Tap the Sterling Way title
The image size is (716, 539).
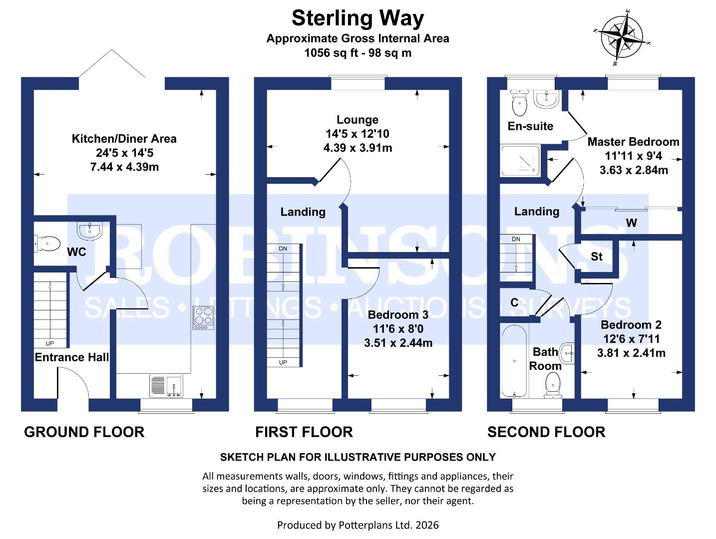point(358,18)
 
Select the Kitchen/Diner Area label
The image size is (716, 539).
point(124,139)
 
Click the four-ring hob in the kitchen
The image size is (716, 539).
point(204,317)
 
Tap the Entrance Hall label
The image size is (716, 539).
point(71,357)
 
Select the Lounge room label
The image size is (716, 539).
point(358,120)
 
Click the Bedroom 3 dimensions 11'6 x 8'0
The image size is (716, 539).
point(398,329)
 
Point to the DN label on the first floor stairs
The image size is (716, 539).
point(283,249)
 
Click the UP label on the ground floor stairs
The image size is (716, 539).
point(50,343)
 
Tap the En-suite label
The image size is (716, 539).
point(530,126)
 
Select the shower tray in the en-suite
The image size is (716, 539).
point(520,161)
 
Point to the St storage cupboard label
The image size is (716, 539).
point(597,257)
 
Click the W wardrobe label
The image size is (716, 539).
point(632,223)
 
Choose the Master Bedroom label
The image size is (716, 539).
point(633,142)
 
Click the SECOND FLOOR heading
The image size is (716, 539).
point(546,432)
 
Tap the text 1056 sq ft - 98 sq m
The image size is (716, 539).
point(358,53)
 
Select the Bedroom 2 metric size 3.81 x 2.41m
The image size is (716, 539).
point(631,353)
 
